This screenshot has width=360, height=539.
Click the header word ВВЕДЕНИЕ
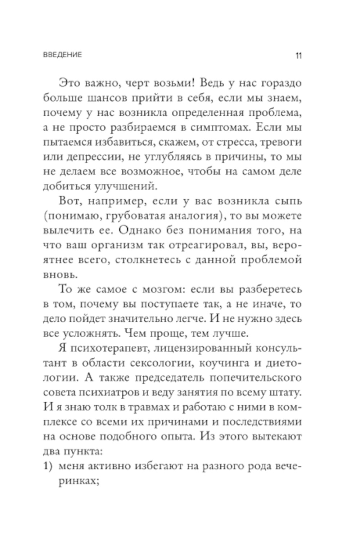pos(62,55)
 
